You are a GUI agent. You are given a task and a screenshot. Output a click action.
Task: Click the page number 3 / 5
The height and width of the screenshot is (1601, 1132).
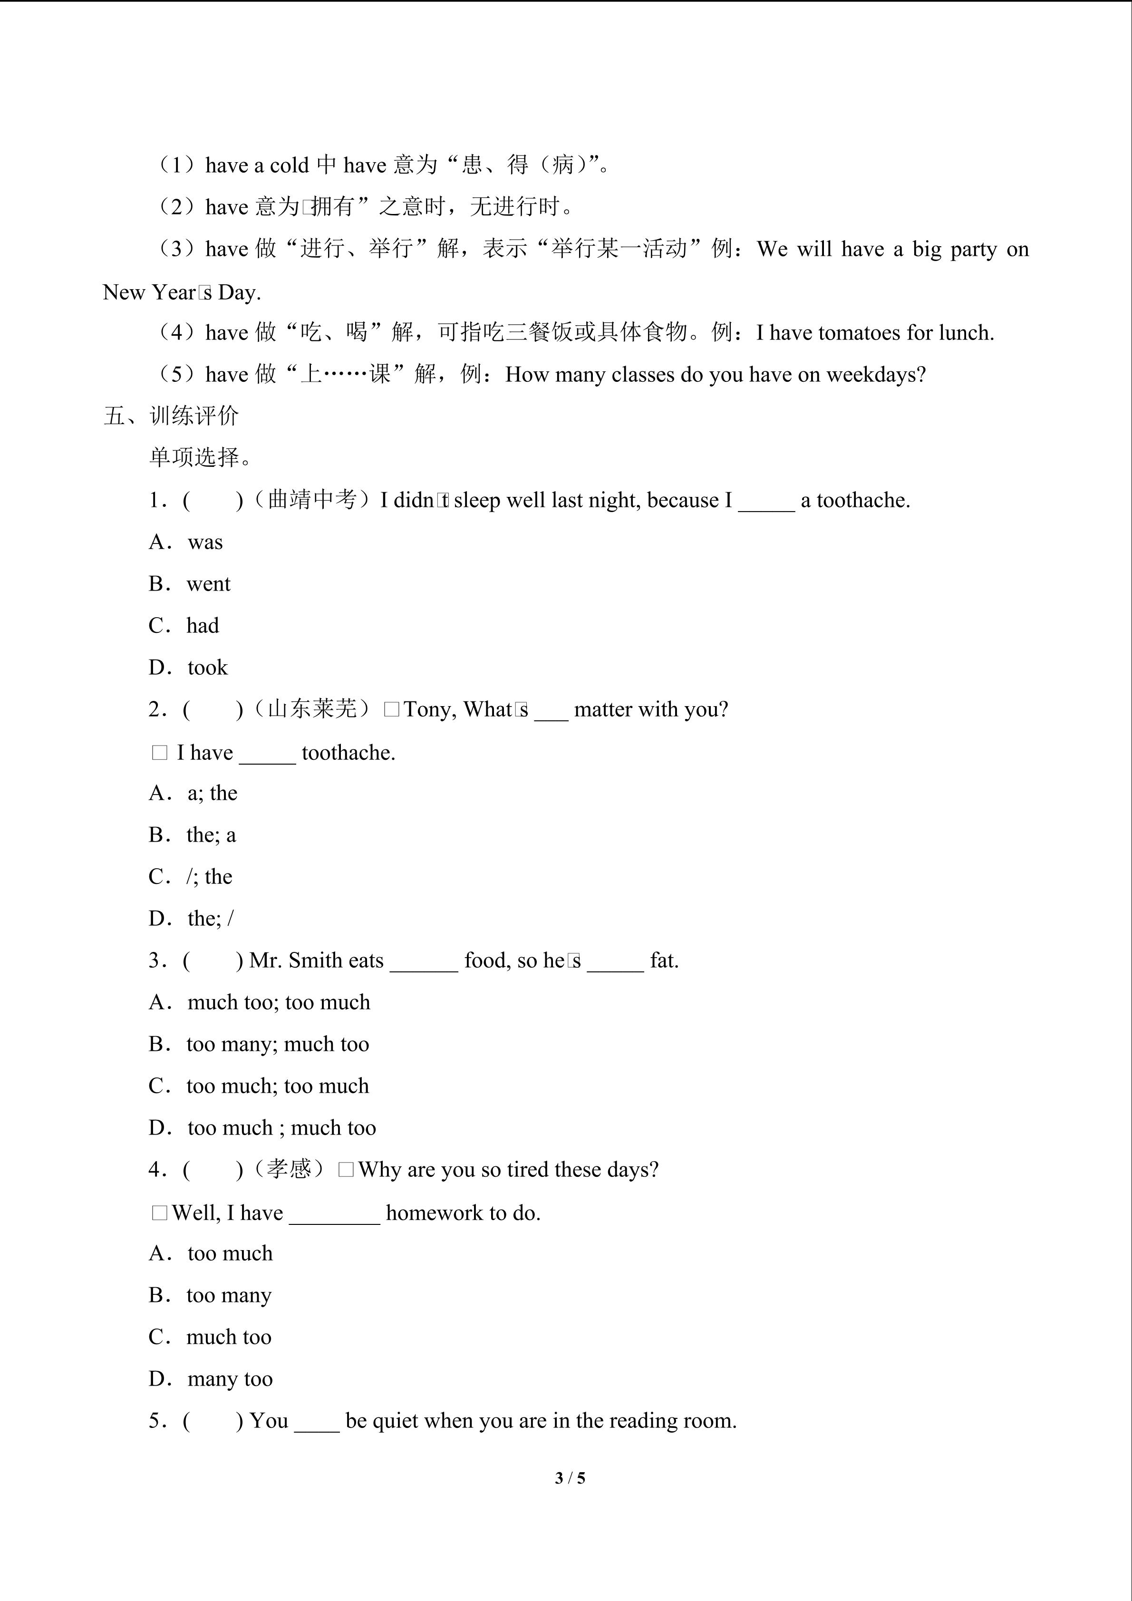(570, 1477)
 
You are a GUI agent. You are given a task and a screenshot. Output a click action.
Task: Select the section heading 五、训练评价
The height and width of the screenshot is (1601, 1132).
(172, 416)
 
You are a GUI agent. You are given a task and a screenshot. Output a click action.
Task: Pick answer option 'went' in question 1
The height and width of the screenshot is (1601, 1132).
(208, 583)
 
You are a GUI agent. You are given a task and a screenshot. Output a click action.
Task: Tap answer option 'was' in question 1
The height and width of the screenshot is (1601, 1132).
(205, 542)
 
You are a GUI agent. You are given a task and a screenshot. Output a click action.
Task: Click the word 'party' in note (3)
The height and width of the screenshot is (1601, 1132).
(974, 249)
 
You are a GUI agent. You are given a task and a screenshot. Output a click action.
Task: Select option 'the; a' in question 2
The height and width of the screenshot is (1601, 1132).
(211, 834)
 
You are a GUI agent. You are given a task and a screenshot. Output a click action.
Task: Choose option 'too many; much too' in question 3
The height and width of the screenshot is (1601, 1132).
(278, 1044)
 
